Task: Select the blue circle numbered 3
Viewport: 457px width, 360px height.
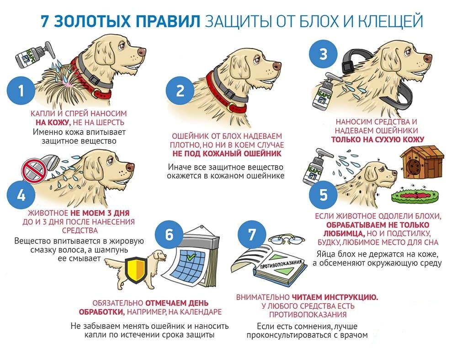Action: (323, 54)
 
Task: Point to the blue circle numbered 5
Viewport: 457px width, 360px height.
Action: (323, 195)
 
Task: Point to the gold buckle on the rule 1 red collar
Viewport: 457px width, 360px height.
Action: (95, 94)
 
